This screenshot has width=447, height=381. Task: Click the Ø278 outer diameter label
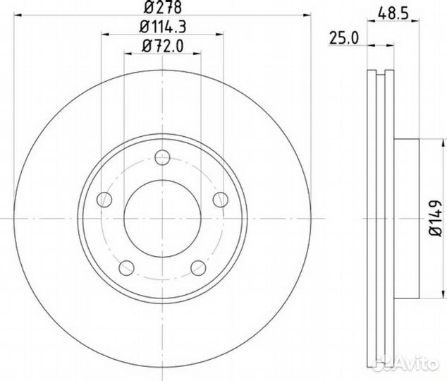[161, 8]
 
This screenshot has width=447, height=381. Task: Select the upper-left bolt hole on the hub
[104, 198]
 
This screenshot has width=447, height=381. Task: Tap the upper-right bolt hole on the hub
[220, 198]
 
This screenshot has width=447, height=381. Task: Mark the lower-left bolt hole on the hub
[127, 267]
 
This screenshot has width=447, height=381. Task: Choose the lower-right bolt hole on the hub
[198, 267]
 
